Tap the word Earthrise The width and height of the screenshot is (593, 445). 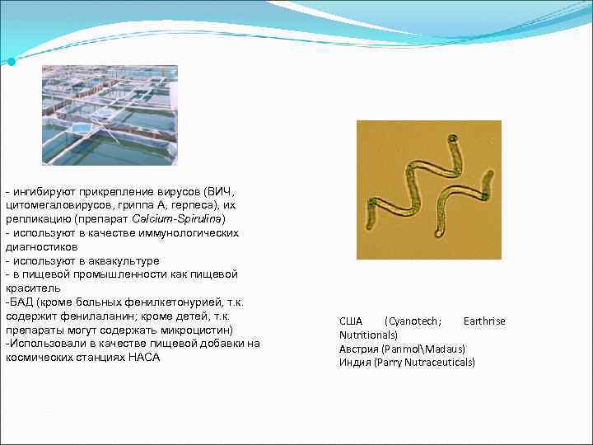[484, 321]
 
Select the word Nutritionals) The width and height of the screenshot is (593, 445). [368, 335]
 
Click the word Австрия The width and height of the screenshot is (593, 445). [356, 349]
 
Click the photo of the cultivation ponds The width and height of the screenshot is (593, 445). [110, 115]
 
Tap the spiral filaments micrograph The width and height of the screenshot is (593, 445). [428, 190]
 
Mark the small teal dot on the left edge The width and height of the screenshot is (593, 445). [10, 63]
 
